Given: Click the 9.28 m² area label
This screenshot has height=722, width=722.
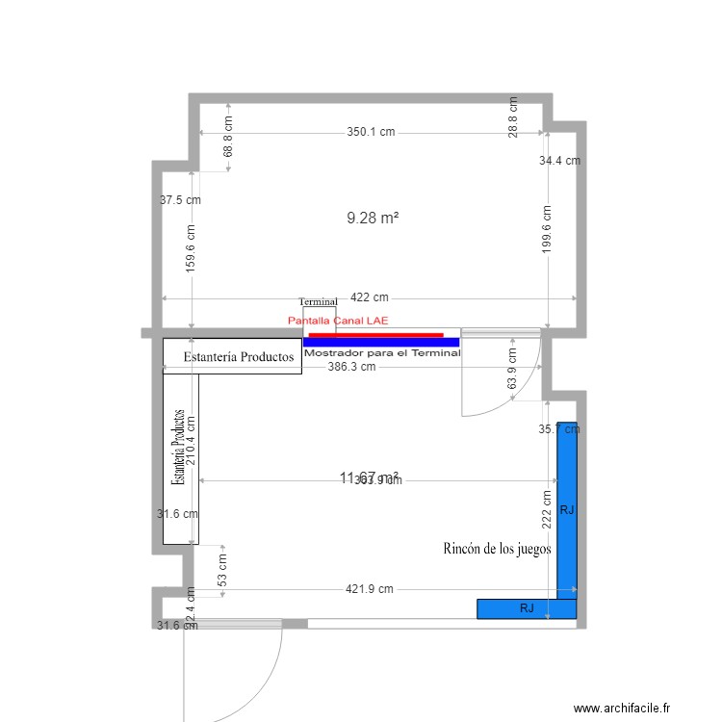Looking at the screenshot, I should (373, 219).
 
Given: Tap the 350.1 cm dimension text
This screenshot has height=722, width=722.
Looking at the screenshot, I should (371, 133).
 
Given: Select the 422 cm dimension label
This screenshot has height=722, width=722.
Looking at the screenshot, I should (369, 298).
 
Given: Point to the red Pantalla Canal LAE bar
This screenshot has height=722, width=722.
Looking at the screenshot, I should (375, 334).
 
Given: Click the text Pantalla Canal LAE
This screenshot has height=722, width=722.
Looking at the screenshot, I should (338, 320).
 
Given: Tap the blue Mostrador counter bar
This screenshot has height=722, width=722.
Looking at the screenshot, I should (380, 342).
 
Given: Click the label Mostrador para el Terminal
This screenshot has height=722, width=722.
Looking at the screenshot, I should (382, 353).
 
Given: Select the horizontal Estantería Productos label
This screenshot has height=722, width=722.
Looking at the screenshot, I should (238, 357).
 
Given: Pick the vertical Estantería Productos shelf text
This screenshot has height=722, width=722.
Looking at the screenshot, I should (178, 447).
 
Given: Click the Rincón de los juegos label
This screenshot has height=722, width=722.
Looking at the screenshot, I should (497, 549).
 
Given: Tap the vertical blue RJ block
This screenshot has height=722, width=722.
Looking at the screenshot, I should (567, 510).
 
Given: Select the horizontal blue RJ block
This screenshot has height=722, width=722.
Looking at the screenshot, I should (527, 608).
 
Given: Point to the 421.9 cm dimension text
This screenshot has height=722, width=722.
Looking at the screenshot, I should (371, 589).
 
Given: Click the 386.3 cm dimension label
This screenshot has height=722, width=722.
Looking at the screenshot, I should (351, 367).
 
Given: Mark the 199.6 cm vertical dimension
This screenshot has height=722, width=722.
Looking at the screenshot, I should (547, 229).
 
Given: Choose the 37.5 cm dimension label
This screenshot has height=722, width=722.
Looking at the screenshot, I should (181, 200).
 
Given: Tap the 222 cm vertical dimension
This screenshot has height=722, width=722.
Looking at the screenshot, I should (547, 505).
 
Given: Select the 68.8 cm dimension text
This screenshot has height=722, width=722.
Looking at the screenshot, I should (228, 137).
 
